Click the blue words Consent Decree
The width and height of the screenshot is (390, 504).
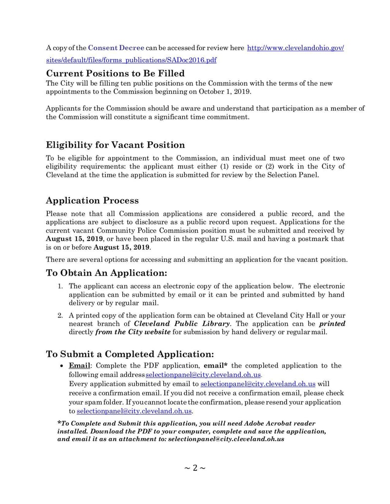point(116,48)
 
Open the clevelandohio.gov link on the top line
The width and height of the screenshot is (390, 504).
point(296,48)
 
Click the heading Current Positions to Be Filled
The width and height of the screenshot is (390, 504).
point(115,73)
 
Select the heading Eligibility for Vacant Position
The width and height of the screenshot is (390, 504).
point(115,145)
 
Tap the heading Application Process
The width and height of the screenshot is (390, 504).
point(92,200)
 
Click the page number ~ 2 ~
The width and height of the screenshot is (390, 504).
point(195,468)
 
